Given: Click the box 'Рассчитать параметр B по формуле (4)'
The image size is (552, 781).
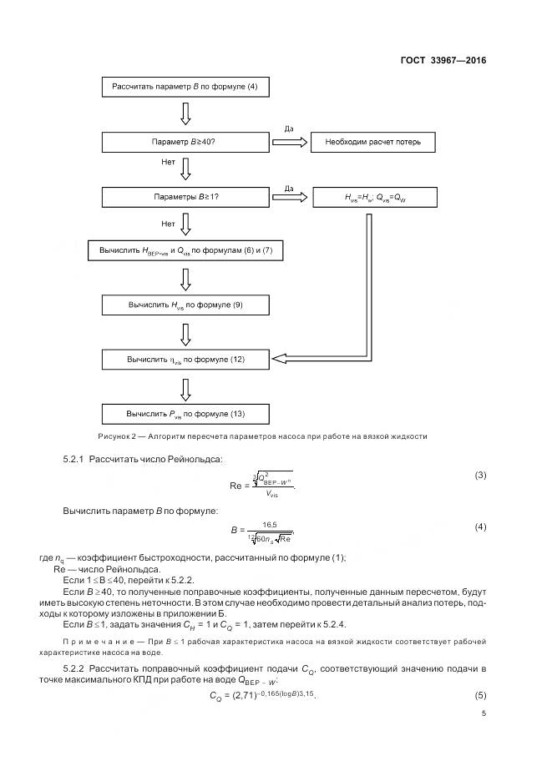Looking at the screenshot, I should (x=185, y=87).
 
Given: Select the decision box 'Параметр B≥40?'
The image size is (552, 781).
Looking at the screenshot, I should (x=185, y=143).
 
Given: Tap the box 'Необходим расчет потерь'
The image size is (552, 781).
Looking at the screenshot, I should (x=372, y=143).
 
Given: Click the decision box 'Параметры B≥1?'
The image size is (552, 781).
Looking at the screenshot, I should (x=185, y=198).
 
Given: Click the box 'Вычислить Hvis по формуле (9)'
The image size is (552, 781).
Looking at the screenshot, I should (x=185, y=305).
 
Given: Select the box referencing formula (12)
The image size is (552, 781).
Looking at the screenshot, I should (x=185, y=360).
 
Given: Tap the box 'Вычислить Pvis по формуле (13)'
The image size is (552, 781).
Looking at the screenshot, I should (x=185, y=413).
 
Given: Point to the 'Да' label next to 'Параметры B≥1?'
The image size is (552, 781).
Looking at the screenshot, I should (x=289, y=188).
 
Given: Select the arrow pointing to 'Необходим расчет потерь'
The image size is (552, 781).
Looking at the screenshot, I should (x=289, y=143).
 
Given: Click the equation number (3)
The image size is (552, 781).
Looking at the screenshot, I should (x=480, y=476).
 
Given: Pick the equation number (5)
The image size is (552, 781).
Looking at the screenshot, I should (x=480, y=695).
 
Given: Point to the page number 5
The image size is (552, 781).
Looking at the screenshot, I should (x=483, y=713).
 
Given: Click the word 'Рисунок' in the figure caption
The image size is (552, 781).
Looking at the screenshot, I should (x=115, y=436).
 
